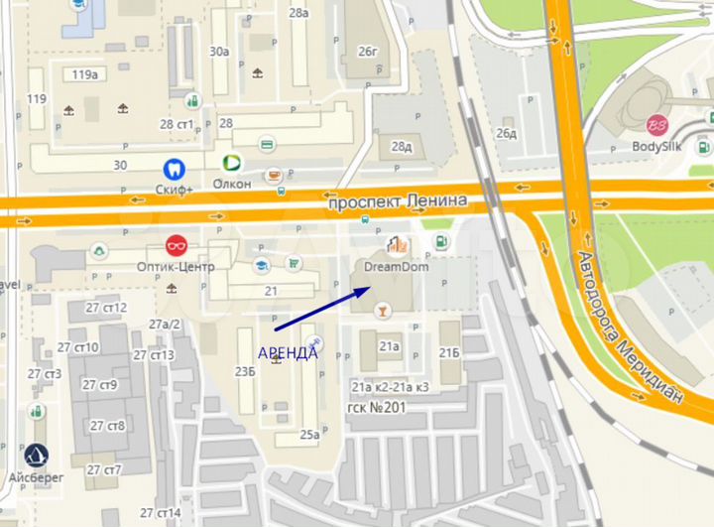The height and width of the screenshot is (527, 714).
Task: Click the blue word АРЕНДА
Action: point(288,352)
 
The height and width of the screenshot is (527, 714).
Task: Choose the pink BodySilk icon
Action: point(656,126)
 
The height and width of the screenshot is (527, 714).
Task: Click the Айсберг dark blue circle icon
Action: point(37,456)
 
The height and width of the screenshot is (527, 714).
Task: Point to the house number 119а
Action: point(85,74)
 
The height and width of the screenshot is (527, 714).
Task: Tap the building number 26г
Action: point(369,52)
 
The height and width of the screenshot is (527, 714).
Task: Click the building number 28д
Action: point(401,147)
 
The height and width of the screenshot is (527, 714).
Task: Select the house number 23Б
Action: point(245,372)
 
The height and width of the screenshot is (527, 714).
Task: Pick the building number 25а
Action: point(310,434)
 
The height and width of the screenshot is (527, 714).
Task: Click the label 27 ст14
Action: point(160,513)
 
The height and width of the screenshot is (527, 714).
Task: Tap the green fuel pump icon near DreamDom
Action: point(440,240)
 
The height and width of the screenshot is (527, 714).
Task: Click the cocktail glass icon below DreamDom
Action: point(380,313)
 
